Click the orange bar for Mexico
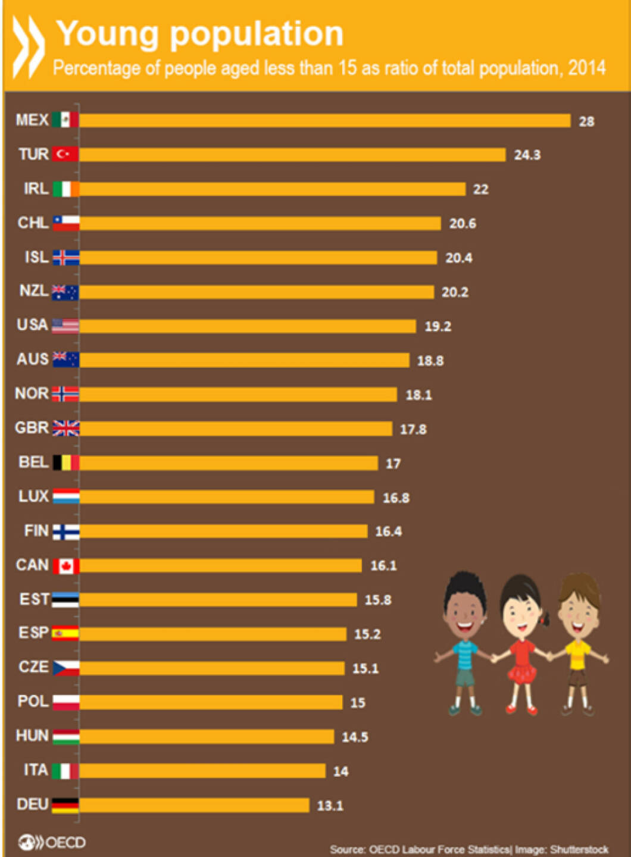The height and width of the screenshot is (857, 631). [x=324, y=121]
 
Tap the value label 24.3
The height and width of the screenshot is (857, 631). [x=527, y=155]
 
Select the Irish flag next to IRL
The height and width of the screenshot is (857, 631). [x=65, y=189]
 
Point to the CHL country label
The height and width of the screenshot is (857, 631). [x=33, y=223]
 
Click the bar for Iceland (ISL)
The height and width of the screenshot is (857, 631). [x=258, y=258]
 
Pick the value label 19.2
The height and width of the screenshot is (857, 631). [x=438, y=326]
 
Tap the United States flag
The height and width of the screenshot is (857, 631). [x=65, y=326]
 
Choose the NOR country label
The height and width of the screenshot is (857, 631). [x=32, y=393]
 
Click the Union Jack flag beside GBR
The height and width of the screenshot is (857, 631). [x=65, y=428]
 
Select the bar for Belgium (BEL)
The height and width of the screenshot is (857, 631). [x=229, y=463]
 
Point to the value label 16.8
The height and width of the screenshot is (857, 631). [x=396, y=498]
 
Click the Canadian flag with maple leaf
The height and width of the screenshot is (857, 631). [x=65, y=566]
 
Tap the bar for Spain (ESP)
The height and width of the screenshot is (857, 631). [x=213, y=634]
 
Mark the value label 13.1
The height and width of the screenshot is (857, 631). [x=330, y=806]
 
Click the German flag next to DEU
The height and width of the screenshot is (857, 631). [x=65, y=805]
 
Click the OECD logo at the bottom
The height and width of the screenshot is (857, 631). [x=52, y=842]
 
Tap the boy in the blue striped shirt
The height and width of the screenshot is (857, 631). [x=465, y=643]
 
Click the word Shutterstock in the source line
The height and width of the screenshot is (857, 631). [x=579, y=849]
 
